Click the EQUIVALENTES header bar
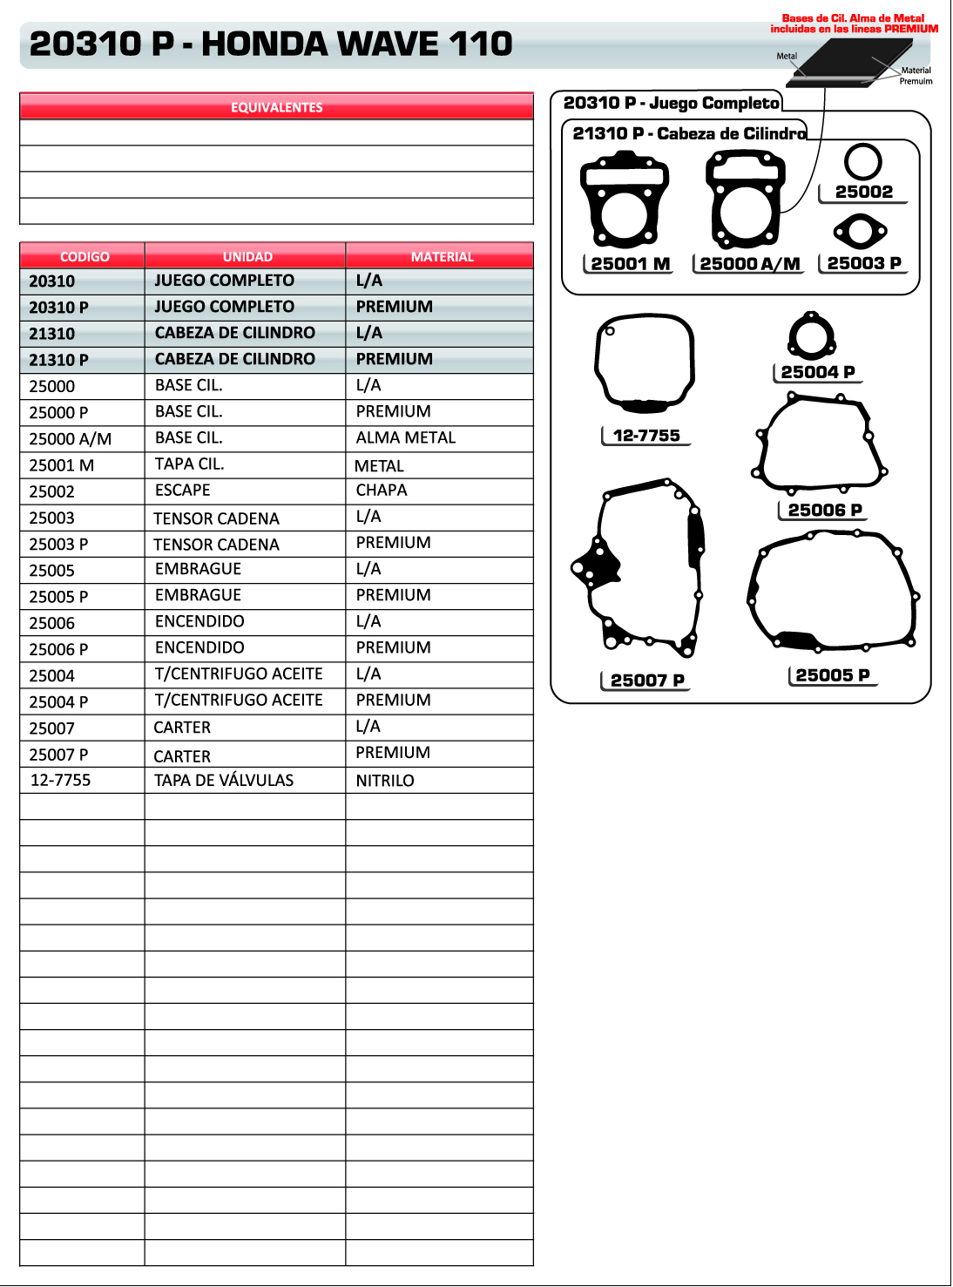click(276, 107)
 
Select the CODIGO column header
click(84, 256)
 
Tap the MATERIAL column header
click(442, 256)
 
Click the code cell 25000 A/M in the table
click(71, 439)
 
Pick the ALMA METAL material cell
click(406, 437)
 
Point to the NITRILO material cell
click(385, 781)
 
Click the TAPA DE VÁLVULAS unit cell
click(224, 781)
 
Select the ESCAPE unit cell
click(183, 491)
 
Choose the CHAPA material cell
click(382, 491)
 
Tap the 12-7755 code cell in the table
click(61, 780)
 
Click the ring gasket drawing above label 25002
click(862, 162)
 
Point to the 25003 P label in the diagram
click(863, 263)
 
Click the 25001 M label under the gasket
click(630, 264)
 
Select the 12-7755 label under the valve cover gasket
click(646, 436)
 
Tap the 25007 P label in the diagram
click(647, 681)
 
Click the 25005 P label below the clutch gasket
click(833, 675)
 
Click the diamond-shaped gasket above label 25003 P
click(861, 232)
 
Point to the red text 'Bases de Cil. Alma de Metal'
click(854, 18)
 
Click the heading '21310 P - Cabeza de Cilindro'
click(689, 133)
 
